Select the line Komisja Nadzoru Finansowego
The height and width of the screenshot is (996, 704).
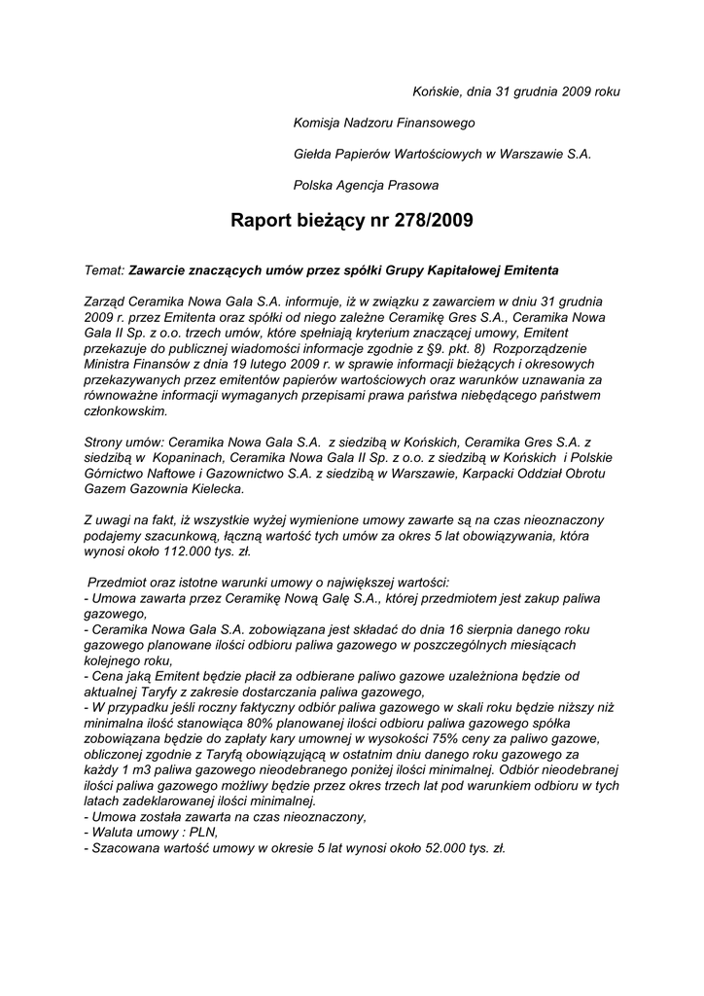pos(384,123)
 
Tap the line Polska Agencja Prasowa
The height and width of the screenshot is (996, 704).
pos(366,185)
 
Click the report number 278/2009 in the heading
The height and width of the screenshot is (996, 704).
pos(434,221)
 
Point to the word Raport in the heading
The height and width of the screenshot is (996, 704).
pos(262,221)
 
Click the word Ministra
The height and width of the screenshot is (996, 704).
pos(111,363)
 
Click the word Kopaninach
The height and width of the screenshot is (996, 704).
pos(185,458)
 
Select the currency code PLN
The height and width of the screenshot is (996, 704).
pos(202,834)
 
